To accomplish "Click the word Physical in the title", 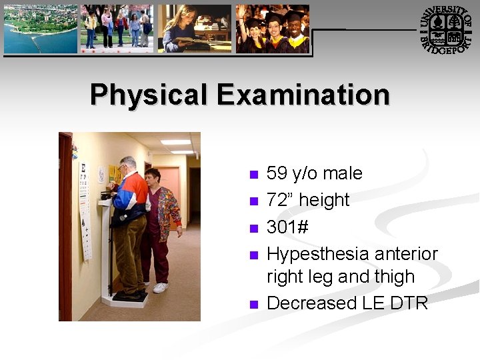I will (149, 95).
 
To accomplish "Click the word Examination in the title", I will (303, 95).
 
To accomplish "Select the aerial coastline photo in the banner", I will (41, 29).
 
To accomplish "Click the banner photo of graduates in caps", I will (272, 29).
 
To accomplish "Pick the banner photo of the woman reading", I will (194, 29).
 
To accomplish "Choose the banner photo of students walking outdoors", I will (117, 29).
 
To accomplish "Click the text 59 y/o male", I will (314, 173).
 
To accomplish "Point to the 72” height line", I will (307, 200).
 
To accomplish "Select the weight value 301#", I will (287, 227).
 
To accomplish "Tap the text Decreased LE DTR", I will (347, 303).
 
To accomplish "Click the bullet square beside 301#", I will (253, 229).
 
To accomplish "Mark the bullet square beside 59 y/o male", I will (253, 175).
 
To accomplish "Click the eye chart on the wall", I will (85, 207).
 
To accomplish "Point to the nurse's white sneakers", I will (160, 288).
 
